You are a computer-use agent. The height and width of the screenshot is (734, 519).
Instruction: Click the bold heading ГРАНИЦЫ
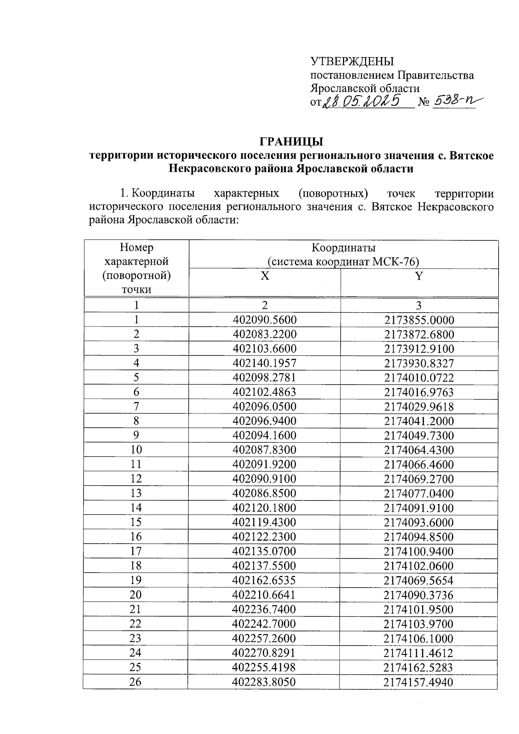pyautogui.click(x=291, y=141)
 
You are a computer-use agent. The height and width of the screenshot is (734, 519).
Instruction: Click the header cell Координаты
pyautogui.click(x=343, y=248)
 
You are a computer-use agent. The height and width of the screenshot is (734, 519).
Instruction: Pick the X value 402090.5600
pyautogui.click(x=264, y=320)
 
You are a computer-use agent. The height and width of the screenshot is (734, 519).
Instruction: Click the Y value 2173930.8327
pyautogui.click(x=419, y=363)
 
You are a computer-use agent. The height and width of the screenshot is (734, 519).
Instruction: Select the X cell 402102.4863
pyautogui.click(x=264, y=392)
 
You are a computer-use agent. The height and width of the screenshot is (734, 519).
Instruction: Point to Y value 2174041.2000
pyautogui.click(x=419, y=421)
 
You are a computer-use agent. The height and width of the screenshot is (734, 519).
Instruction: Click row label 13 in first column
pyautogui.click(x=136, y=494)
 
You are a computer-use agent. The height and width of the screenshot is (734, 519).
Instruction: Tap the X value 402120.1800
pyautogui.click(x=264, y=508)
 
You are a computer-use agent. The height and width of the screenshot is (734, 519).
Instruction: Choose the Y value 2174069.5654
pyautogui.click(x=419, y=580)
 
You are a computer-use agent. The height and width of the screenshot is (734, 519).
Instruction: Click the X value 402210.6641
pyautogui.click(x=264, y=595)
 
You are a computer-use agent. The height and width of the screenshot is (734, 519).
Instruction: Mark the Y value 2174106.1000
pyautogui.click(x=419, y=638)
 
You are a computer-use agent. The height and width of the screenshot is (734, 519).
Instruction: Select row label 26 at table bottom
pyautogui.click(x=135, y=682)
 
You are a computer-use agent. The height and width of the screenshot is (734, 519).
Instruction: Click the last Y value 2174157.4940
pyautogui.click(x=419, y=682)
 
